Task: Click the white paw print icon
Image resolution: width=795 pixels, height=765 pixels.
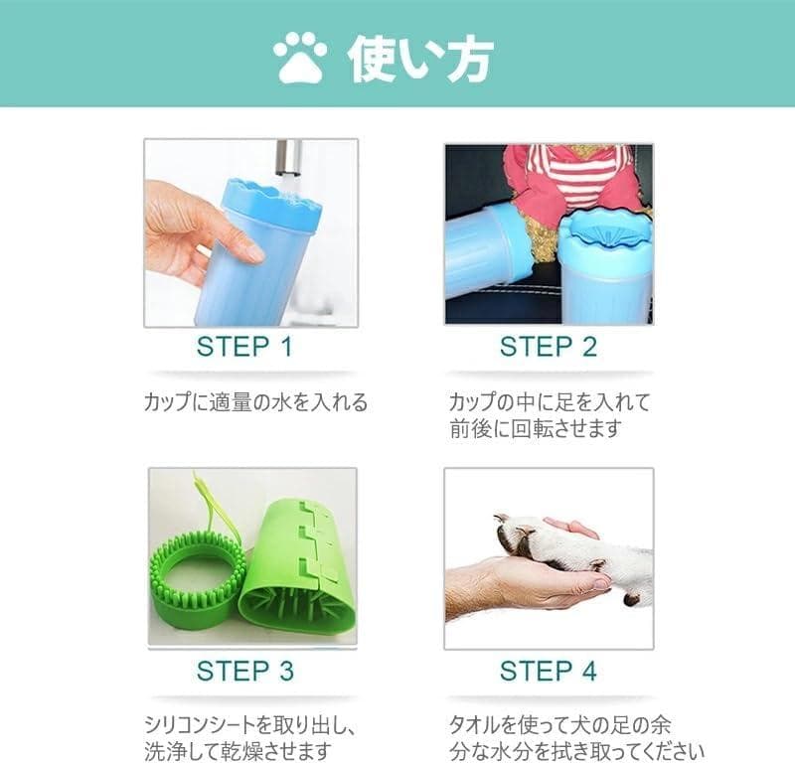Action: click(x=300, y=58)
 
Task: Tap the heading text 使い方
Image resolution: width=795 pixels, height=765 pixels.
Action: click(x=419, y=59)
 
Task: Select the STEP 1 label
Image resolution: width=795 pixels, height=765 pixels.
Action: click(x=244, y=347)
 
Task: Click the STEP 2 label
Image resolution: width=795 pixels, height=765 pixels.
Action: click(x=549, y=347)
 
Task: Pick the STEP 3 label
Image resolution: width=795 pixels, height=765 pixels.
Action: click(x=244, y=671)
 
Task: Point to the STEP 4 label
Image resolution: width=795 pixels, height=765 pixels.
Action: click(x=549, y=671)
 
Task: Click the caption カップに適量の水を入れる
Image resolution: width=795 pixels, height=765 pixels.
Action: click(x=255, y=402)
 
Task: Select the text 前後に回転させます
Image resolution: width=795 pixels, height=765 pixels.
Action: click(x=536, y=428)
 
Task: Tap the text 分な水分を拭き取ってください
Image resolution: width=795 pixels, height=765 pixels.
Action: click(x=576, y=751)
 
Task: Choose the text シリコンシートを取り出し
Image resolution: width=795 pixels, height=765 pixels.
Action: click(x=244, y=725)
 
